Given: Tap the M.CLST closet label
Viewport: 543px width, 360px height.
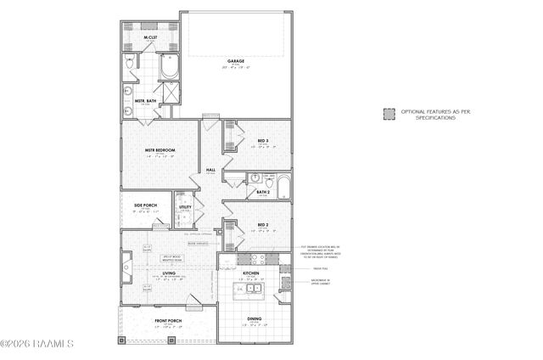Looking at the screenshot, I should click(x=149, y=37).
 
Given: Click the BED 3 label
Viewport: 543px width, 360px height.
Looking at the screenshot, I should click(x=263, y=140).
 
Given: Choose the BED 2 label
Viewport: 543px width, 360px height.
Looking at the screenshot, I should click(x=263, y=225).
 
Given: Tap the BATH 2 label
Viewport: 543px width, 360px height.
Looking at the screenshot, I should click(x=263, y=192).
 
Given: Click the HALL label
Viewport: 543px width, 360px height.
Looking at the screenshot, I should click(x=211, y=170).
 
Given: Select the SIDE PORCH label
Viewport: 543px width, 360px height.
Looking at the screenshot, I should click(x=146, y=205).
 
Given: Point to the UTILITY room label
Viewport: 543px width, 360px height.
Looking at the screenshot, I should click(x=185, y=205).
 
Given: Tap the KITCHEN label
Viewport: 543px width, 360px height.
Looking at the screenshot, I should click(x=251, y=273).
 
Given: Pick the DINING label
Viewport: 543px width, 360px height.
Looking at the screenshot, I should click(x=255, y=319).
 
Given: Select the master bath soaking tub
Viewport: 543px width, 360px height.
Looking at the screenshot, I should click(x=168, y=65).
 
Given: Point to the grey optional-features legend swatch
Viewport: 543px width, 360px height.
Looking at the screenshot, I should click(x=389, y=113).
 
